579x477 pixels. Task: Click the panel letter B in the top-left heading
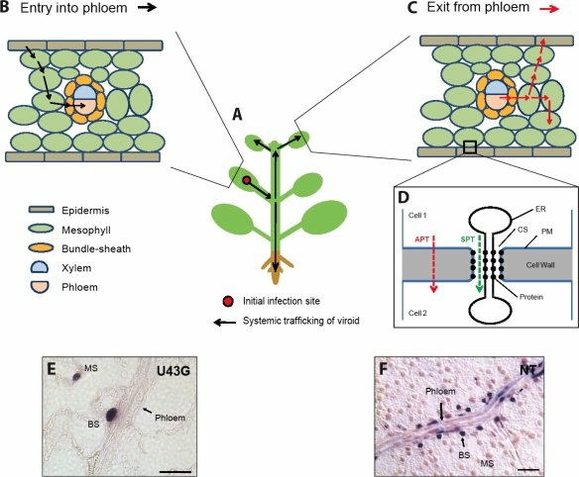(9, 9)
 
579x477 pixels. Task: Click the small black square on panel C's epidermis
(471, 147)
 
